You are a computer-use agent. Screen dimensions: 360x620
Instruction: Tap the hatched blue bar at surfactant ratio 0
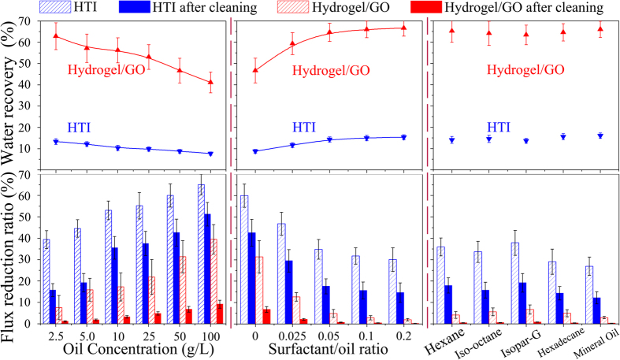pyautogui.click(x=244, y=259)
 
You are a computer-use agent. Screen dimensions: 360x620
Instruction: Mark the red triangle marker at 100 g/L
pyautogui.click(x=210, y=82)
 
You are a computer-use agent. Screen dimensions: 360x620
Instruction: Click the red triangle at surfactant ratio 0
pyautogui.click(x=254, y=70)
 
